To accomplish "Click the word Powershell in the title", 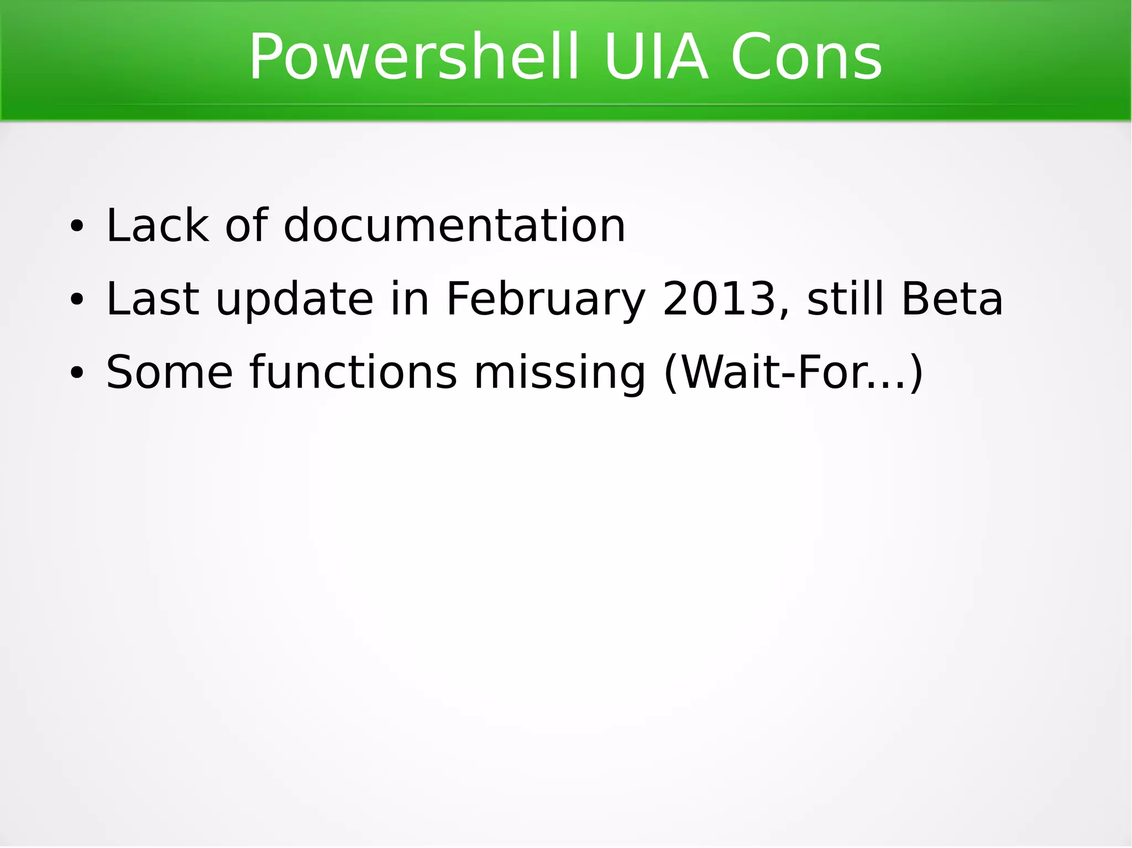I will (414, 57).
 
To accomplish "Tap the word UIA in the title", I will (656, 57).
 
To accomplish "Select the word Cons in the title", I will (806, 57).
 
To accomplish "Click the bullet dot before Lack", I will (76, 227).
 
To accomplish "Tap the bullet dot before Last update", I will (76, 300).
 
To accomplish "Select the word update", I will (295, 299).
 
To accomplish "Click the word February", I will (546, 299).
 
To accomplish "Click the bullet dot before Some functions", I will (76, 373).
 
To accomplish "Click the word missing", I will (559, 373).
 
